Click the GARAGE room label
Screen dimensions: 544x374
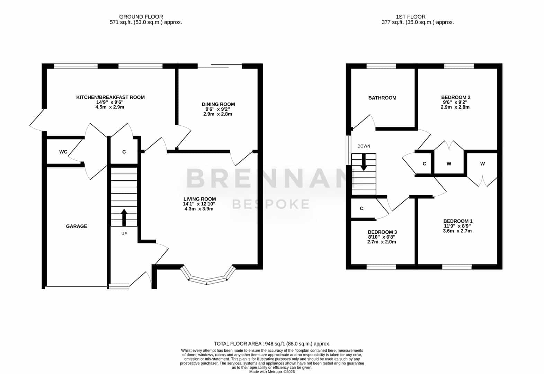tap(77, 226)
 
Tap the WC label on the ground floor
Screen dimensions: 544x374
tap(63, 152)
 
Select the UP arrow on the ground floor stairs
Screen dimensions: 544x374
tap(124, 217)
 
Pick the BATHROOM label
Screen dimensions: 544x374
tap(382, 98)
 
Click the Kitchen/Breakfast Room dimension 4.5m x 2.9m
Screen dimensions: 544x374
tap(110, 107)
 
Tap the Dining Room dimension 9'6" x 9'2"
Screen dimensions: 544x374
tap(218, 109)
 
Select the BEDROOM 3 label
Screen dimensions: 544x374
tap(382, 232)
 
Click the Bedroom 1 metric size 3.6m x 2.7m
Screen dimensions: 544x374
tap(457, 231)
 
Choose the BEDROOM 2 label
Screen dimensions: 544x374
tap(456, 97)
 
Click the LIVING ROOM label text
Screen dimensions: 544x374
tap(200, 199)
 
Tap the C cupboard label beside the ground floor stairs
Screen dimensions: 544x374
tap(124, 152)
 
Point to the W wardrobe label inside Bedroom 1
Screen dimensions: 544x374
tap(482, 164)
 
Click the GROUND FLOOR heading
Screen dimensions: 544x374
tap(141, 17)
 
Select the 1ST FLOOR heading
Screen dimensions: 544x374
tap(411, 17)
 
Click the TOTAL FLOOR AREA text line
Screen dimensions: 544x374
tap(272, 344)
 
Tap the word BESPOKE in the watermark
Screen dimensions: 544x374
tap(271, 204)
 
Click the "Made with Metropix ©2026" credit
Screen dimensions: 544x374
tap(272, 372)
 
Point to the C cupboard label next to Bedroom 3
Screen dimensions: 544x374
tap(362, 208)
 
